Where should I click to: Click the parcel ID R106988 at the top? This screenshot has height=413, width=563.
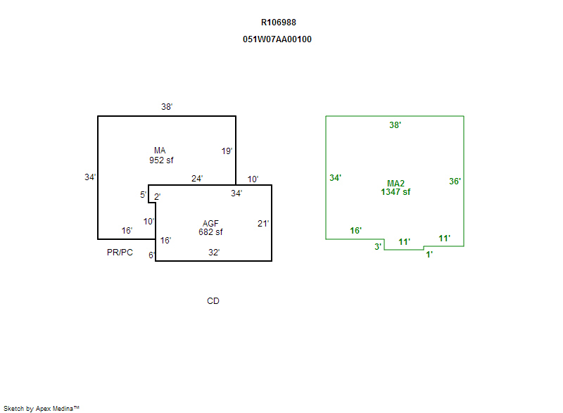pyautogui.click(x=278, y=23)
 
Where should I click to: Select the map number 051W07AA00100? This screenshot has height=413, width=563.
pyautogui.click(x=277, y=39)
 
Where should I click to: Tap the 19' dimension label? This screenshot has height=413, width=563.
pyautogui.click(x=227, y=151)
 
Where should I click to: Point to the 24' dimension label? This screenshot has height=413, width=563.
pyautogui.click(x=197, y=179)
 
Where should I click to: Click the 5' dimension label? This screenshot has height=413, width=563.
pyautogui.click(x=143, y=195)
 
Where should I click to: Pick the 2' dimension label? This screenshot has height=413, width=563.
pyautogui.click(x=157, y=197)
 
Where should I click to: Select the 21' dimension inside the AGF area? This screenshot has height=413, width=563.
pyautogui.click(x=263, y=224)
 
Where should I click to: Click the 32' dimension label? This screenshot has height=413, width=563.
pyautogui.click(x=213, y=252)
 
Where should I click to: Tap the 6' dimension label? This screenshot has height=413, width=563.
pyautogui.click(x=151, y=255)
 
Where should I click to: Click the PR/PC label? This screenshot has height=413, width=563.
pyautogui.click(x=120, y=253)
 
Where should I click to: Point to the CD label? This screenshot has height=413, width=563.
pyautogui.click(x=213, y=301)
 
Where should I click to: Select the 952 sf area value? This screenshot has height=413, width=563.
pyautogui.click(x=161, y=160)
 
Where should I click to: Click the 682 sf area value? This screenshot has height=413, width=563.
pyautogui.click(x=210, y=232)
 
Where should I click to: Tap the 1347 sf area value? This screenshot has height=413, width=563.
pyautogui.click(x=396, y=191)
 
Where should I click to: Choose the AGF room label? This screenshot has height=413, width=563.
pyautogui.click(x=210, y=224)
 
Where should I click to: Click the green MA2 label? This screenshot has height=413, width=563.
pyautogui.click(x=396, y=183)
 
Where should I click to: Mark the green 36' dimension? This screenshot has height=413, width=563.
pyautogui.click(x=455, y=181)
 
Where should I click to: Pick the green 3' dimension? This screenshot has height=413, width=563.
pyautogui.click(x=378, y=246)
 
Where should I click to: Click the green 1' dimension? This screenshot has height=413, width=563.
pyautogui.click(x=429, y=255)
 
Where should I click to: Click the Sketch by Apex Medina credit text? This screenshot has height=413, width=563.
pyautogui.click(x=41, y=408)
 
